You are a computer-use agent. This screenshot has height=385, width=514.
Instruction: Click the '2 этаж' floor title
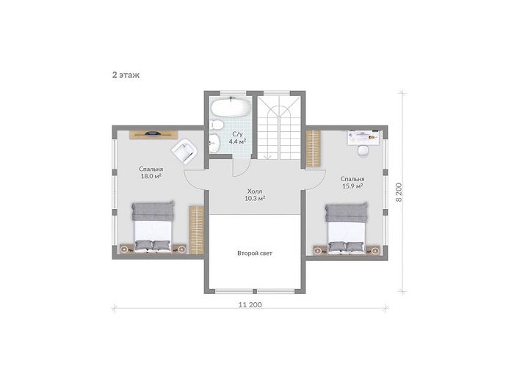coord(126,75)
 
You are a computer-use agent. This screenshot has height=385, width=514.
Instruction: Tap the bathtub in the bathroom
coord(231,107)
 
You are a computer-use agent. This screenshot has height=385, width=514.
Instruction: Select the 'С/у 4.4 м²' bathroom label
coord(237,138)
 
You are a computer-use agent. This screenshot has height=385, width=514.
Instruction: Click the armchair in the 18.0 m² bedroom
coord(184,151)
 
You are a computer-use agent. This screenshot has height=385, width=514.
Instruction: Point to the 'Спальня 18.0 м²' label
coord(151,172)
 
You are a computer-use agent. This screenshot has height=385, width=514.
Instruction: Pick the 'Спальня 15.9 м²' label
coord(352,183)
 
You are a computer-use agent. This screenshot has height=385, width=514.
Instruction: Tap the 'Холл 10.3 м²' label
coord(255,194)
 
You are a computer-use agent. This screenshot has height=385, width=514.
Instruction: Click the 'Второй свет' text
coord(255,253)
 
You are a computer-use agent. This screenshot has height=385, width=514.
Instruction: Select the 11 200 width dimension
coord(250,305)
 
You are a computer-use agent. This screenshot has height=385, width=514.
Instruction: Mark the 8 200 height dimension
coord(399,192)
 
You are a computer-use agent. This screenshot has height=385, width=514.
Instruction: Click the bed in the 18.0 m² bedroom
coord(153,227)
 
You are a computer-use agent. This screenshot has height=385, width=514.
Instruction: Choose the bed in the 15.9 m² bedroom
coord(346,228)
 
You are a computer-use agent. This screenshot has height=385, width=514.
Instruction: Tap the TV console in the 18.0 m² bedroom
coord(153,135)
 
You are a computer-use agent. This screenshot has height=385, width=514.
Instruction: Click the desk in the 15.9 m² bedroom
coord(364,137)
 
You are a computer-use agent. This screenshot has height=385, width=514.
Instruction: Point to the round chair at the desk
coord(363,151)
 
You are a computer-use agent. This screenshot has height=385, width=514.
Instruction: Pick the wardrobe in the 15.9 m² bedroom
coord(313,148)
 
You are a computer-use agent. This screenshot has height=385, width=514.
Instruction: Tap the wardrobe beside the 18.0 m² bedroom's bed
coord(197,230)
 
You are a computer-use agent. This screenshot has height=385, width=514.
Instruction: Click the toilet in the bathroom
coord(217,125)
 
